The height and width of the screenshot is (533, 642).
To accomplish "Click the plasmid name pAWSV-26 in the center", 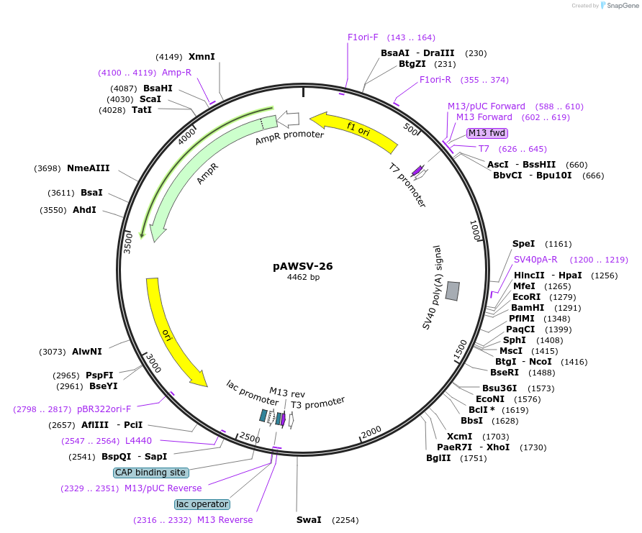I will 302,266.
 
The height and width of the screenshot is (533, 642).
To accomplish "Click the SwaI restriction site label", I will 308,519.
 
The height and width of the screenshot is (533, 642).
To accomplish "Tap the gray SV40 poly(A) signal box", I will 453,291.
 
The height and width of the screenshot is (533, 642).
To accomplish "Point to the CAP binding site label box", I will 151,473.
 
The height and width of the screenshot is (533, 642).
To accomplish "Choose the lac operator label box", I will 202,504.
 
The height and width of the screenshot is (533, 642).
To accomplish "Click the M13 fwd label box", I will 487,133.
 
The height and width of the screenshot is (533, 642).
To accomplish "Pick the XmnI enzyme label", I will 202,57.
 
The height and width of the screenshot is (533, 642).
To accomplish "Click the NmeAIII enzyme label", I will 88,168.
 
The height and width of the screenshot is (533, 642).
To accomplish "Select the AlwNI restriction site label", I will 87,352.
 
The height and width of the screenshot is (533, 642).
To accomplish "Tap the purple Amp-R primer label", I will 176,73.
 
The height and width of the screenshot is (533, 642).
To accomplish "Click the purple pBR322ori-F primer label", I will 104,409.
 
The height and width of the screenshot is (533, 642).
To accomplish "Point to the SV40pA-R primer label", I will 535,260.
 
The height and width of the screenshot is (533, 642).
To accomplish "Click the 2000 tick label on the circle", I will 371,432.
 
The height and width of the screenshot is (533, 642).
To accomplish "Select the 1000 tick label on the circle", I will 475,232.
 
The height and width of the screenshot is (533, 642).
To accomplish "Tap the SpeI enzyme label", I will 523,244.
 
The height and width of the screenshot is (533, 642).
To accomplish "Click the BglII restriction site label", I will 438,457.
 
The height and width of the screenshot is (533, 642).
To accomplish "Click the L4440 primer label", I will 138,440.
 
